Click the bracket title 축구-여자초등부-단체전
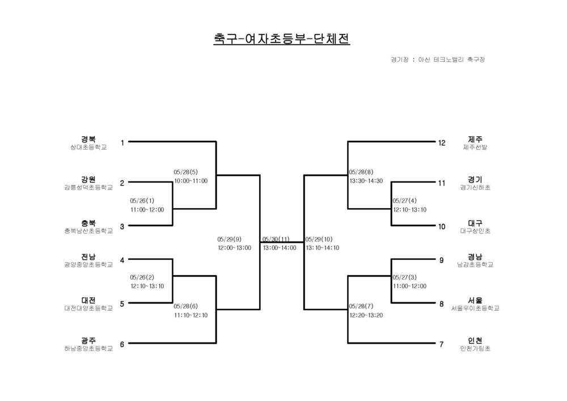[281, 39]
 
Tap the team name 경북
[88, 139]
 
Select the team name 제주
[475, 139]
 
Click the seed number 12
[442, 143]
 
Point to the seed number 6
[122, 344]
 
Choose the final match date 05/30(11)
[276, 239]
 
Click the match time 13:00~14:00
[280, 248]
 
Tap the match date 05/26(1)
[142, 201]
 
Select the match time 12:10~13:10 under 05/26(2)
[147, 286]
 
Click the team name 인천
[475, 341]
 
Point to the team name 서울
[475, 300]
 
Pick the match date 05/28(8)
[361, 172]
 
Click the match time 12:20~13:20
[366, 315]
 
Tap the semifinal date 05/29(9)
[229, 239]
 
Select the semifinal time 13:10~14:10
[323, 248]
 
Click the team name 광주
[88, 341]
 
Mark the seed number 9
[442, 260]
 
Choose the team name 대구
[475, 223]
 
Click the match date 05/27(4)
[405, 201]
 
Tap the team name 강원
[88, 179]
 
